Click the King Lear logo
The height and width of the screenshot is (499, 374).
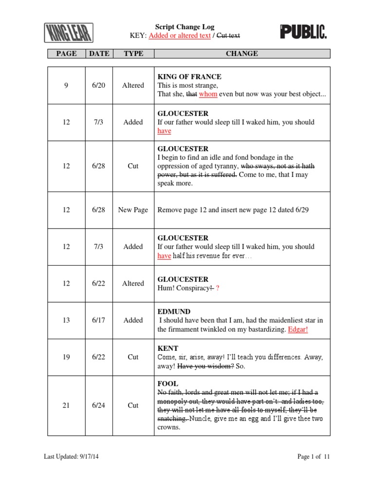click(69, 33)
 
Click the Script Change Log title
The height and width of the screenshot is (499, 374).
click(185, 27)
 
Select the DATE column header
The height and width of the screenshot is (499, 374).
click(99, 54)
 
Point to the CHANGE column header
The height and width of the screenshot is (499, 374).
click(242, 54)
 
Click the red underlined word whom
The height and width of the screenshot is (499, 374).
click(208, 94)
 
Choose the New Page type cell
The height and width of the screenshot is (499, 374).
click(133, 210)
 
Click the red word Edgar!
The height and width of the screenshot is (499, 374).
click(298, 329)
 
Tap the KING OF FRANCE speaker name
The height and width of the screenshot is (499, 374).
click(189, 77)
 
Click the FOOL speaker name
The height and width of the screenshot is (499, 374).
click(168, 384)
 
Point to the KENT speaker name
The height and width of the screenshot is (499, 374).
click(168, 348)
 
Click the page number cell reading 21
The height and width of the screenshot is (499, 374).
click(66, 405)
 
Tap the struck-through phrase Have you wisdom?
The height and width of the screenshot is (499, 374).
click(206, 366)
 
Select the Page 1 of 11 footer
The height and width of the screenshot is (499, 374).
click(314, 457)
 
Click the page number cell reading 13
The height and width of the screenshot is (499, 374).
click(66, 320)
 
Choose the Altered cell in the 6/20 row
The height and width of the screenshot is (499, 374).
click(133, 85)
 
